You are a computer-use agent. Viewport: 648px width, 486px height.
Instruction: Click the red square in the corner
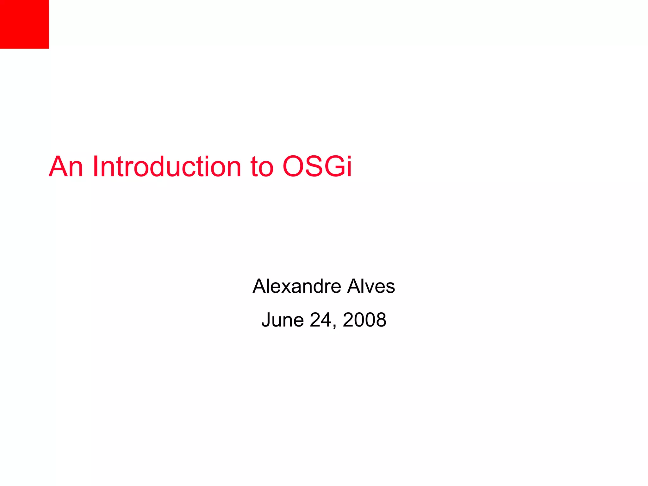pos(24,24)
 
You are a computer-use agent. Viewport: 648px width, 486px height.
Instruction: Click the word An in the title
pos(66,166)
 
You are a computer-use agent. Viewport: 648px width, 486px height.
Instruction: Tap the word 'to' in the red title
pos(262,167)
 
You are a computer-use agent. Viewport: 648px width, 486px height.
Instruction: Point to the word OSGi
pos(317,166)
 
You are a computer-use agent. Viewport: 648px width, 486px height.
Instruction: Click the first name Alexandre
pos(296,286)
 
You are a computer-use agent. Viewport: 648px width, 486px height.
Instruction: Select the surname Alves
pos(371,286)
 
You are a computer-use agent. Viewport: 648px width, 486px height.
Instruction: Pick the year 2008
pos(364,320)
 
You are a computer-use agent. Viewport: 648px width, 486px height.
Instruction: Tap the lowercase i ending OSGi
pos(349,166)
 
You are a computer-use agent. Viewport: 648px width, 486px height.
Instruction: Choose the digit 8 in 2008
pos(381,320)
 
